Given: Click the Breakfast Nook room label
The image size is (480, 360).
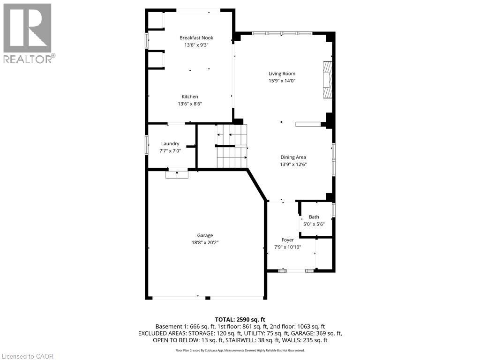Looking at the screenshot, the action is (196, 37).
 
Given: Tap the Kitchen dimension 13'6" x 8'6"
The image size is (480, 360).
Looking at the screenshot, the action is (190, 104).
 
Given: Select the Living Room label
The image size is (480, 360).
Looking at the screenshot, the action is (282, 74).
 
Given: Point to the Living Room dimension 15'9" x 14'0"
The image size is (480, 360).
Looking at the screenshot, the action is (282, 81).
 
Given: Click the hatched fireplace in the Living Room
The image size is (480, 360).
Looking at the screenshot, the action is (328, 80).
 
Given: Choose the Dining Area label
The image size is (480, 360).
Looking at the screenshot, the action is (293, 157).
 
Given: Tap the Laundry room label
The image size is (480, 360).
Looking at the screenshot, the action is (170, 143).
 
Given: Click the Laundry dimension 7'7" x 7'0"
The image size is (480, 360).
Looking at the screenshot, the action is (170, 151).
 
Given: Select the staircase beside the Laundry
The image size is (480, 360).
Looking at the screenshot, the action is (232, 146).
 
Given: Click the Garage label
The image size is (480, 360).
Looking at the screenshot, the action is (205, 235).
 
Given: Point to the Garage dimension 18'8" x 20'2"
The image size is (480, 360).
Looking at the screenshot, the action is (205, 243).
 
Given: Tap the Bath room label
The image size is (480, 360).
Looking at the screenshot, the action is (314, 217).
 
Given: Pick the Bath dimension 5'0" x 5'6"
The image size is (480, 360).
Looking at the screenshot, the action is (314, 224).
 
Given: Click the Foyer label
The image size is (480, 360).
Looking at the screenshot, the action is (287, 240).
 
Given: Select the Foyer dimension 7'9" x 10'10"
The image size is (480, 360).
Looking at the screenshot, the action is (287, 247).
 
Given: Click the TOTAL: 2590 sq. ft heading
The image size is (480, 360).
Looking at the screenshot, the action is (240, 320).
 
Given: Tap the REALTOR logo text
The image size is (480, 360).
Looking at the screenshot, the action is (30, 59).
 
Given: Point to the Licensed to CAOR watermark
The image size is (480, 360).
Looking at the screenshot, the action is (27, 356).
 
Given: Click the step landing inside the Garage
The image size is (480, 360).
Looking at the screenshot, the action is (177, 174).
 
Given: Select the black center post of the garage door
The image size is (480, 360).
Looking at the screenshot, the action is (208, 298).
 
